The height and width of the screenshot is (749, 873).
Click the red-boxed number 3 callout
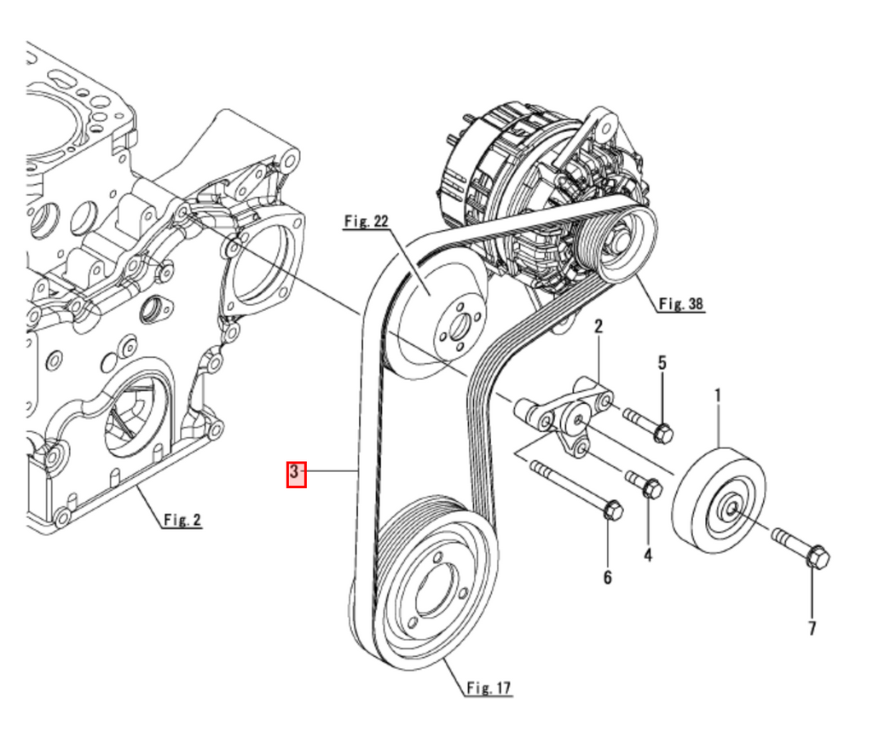tap(295, 473)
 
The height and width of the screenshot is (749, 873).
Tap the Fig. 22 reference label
tap(366, 222)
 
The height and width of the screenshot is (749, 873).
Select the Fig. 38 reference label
tap(681, 303)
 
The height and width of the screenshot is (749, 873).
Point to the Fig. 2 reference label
tap(182, 519)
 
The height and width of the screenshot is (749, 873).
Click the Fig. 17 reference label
tap(489, 688)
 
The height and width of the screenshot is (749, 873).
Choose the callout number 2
tap(598, 326)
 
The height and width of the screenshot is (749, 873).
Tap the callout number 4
tap(648, 556)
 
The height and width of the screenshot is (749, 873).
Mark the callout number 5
tap(662, 362)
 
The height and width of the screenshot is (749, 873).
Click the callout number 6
tap(608, 578)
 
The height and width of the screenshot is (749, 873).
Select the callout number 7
tap(812, 628)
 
